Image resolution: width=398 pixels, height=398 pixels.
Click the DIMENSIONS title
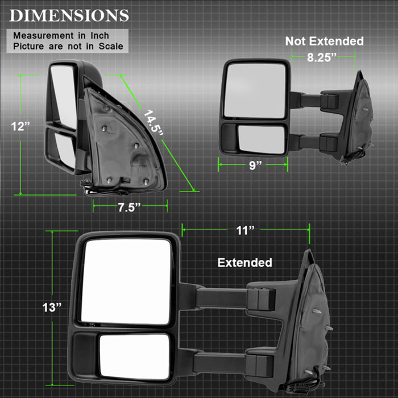pos(69,15)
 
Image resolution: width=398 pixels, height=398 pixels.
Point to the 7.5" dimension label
pos(129,208)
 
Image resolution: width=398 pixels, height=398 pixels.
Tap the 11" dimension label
pos(245,230)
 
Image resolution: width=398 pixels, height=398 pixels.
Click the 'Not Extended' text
pos(324,41)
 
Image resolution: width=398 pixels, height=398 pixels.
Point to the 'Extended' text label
pos(245,263)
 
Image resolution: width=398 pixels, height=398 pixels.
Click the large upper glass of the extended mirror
pos(125,281)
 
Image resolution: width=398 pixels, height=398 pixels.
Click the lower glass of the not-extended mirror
pos(260,139)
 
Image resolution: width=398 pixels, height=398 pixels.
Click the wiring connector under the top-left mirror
pos(88,185)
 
